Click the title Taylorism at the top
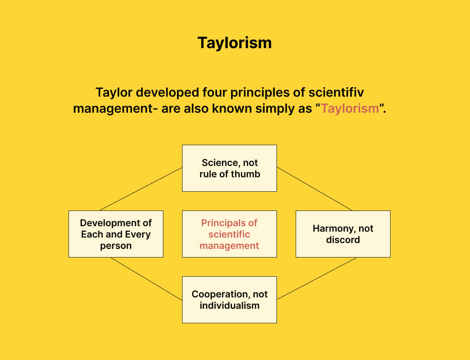(x=234, y=43)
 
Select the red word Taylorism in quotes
(x=350, y=108)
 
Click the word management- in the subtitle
(x=115, y=108)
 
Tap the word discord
(x=343, y=239)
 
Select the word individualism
(x=230, y=305)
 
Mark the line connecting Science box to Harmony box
(x=315, y=189)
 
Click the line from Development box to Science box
(x=141, y=189)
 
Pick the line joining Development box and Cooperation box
(x=146, y=279)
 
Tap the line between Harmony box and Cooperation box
(x=316, y=279)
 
